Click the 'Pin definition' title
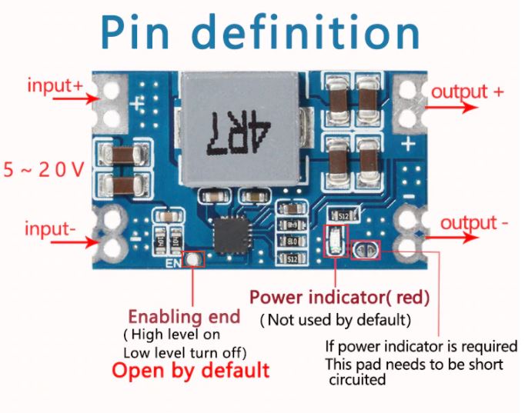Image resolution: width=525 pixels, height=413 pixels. (x=262, y=32)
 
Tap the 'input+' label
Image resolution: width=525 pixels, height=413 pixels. (x=55, y=85)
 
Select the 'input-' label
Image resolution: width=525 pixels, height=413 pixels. (x=51, y=228)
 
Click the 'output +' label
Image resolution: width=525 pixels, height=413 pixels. (x=467, y=92)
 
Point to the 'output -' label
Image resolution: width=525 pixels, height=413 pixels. (x=473, y=223)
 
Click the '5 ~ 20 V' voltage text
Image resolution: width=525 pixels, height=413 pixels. (x=44, y=170)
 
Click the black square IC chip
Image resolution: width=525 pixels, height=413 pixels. (x=231, y=232)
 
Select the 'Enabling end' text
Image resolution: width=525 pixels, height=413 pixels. (x=184, y=316)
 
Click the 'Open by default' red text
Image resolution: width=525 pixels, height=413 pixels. (x=191, y=370)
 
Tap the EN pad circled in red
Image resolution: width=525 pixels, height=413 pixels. (x=196, y=261)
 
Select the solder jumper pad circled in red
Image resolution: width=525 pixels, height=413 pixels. (x=364, y=248)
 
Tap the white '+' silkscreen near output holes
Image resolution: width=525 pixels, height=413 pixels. (x=408, y=143)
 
